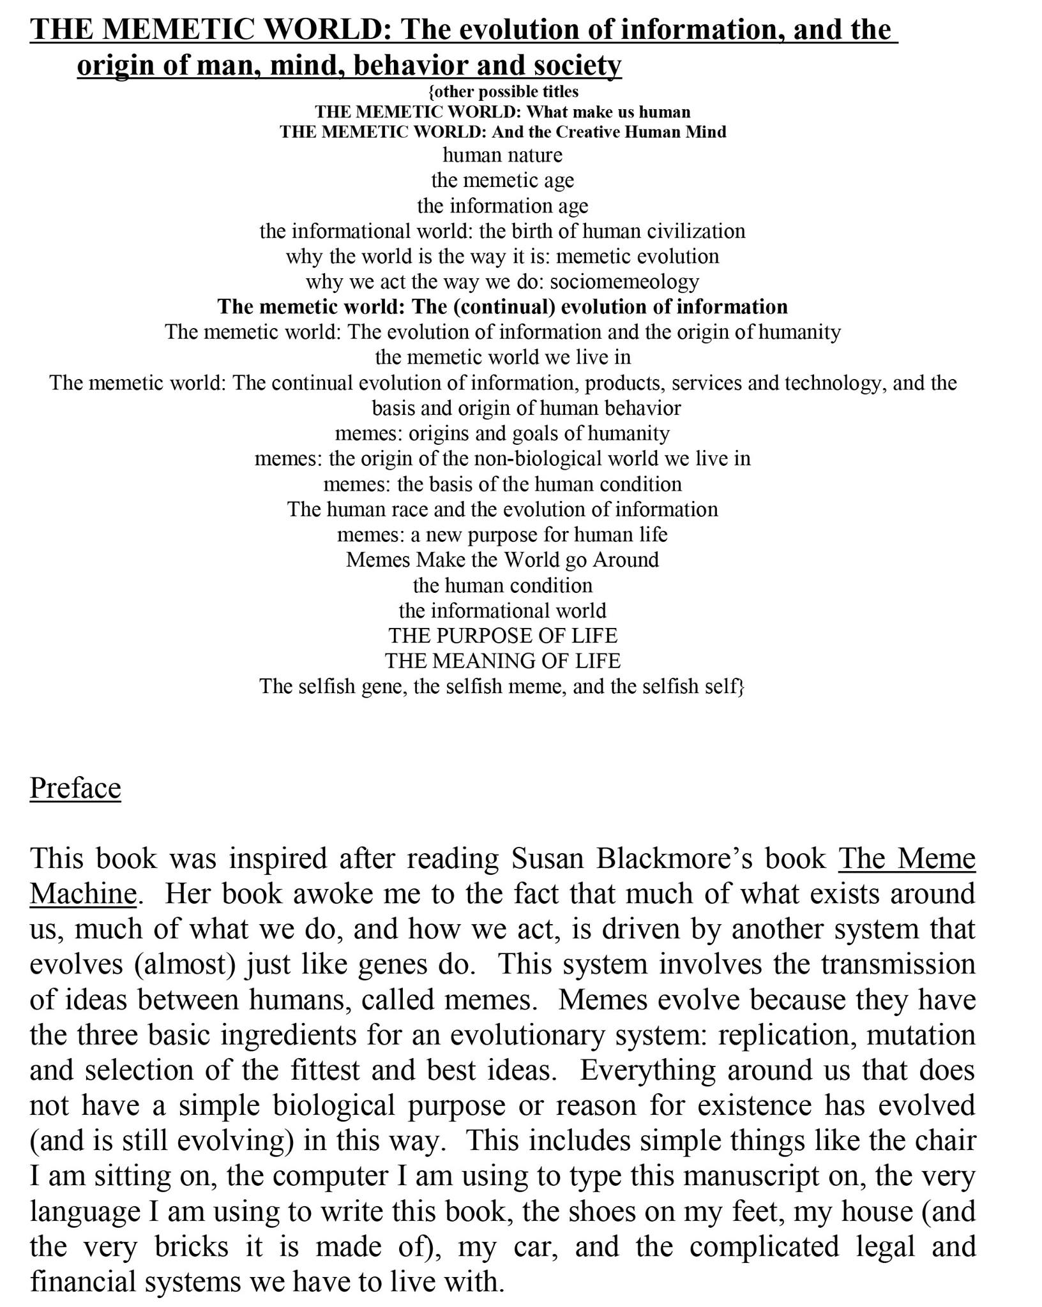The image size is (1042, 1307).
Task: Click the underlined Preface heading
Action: tap(75, 788)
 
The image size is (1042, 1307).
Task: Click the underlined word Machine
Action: tap(83, 894)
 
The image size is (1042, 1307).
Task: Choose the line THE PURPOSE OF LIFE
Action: tap(502, 636)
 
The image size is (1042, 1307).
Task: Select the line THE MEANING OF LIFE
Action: tap(502, 661)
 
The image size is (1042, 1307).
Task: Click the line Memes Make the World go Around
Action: tap(502, 560)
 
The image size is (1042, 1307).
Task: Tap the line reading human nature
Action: tap(502, 155)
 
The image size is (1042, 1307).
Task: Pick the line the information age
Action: tap(502, 205)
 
